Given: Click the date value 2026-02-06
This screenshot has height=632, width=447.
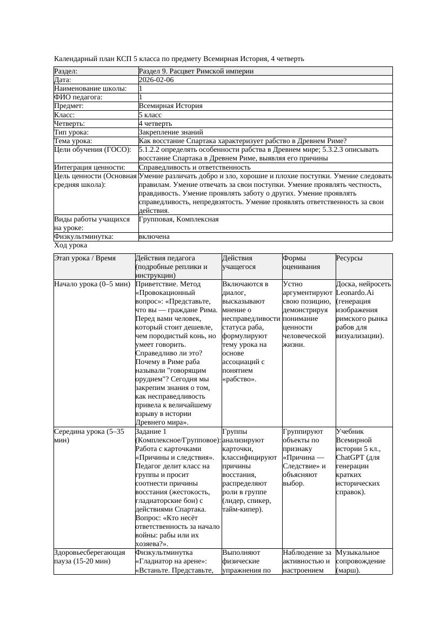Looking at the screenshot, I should point(156,80).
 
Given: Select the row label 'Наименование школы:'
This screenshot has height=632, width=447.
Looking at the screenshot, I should point(91,89).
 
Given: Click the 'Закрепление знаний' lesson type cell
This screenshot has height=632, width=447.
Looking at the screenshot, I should point(171,132).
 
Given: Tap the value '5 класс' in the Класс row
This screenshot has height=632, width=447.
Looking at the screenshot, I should point(150,115).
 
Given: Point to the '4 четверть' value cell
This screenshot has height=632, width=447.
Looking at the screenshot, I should point(155,123).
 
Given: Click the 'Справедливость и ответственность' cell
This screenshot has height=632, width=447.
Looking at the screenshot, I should point(195,167).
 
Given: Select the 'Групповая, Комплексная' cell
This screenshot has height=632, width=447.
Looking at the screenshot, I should point(178,219).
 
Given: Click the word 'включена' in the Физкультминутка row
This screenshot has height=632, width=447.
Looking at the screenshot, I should point(154,237).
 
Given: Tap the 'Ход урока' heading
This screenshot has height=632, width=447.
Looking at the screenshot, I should point(71,245).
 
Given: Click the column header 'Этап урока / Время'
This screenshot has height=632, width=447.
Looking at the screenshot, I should point(85,258).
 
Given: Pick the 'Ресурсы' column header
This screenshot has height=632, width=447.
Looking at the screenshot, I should point(349,258).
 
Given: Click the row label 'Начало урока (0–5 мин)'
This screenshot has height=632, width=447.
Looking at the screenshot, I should point(92,284).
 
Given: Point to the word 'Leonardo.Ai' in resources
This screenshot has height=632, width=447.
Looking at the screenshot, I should point(355,292).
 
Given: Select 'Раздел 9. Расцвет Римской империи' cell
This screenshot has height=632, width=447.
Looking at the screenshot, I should point(196,71).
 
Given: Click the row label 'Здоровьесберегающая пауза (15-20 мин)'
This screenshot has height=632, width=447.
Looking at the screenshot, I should point(89,557).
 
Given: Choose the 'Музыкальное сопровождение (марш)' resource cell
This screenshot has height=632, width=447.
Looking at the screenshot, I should point(361,561).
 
